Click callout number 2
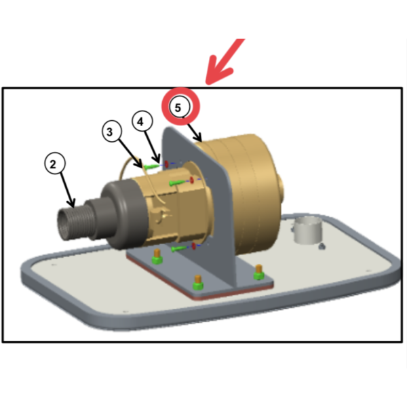(54, 163)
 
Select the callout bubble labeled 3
(112, 131)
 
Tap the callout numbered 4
(142, 121)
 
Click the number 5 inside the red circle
(178, 107)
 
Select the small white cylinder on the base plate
(308, 230)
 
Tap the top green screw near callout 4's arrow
(152, 166)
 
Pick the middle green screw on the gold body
(177, 182)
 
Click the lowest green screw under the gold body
(179, 249)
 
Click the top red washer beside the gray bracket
(167, 163)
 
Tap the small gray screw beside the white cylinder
(322, 246)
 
